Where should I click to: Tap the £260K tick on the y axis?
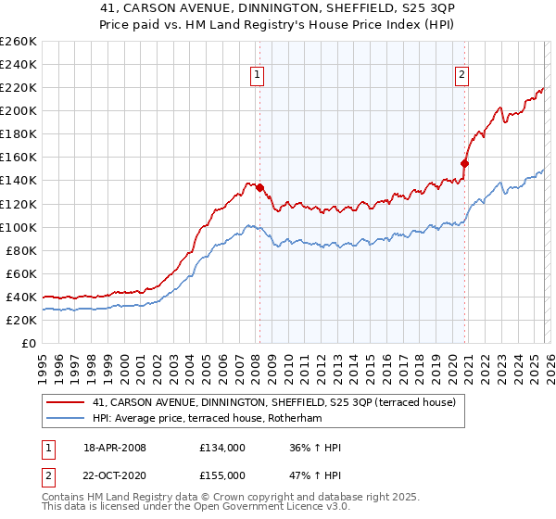(x=18, y=42)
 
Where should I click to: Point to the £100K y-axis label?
(x=18, y=227)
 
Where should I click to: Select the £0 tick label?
(x=29, y=343)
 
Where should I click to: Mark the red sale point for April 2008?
(x=260, y=187)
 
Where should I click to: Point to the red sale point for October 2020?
(x=465, y=163)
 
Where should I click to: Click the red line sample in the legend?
(x=66, y=403)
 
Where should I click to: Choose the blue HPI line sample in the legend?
(x=66, y=418)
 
